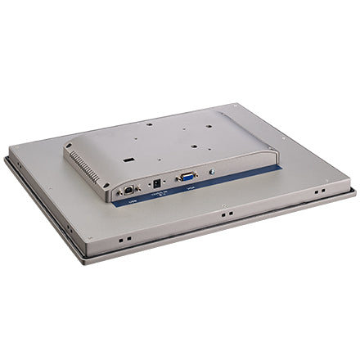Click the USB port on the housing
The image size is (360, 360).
click(x=129, y=189)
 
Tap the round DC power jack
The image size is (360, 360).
click(x=156, y=183)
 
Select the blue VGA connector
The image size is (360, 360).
click(x=186, y=176)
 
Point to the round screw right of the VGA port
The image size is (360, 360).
click(x=212, y=171)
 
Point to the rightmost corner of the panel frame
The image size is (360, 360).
click(x=355, y=193)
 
